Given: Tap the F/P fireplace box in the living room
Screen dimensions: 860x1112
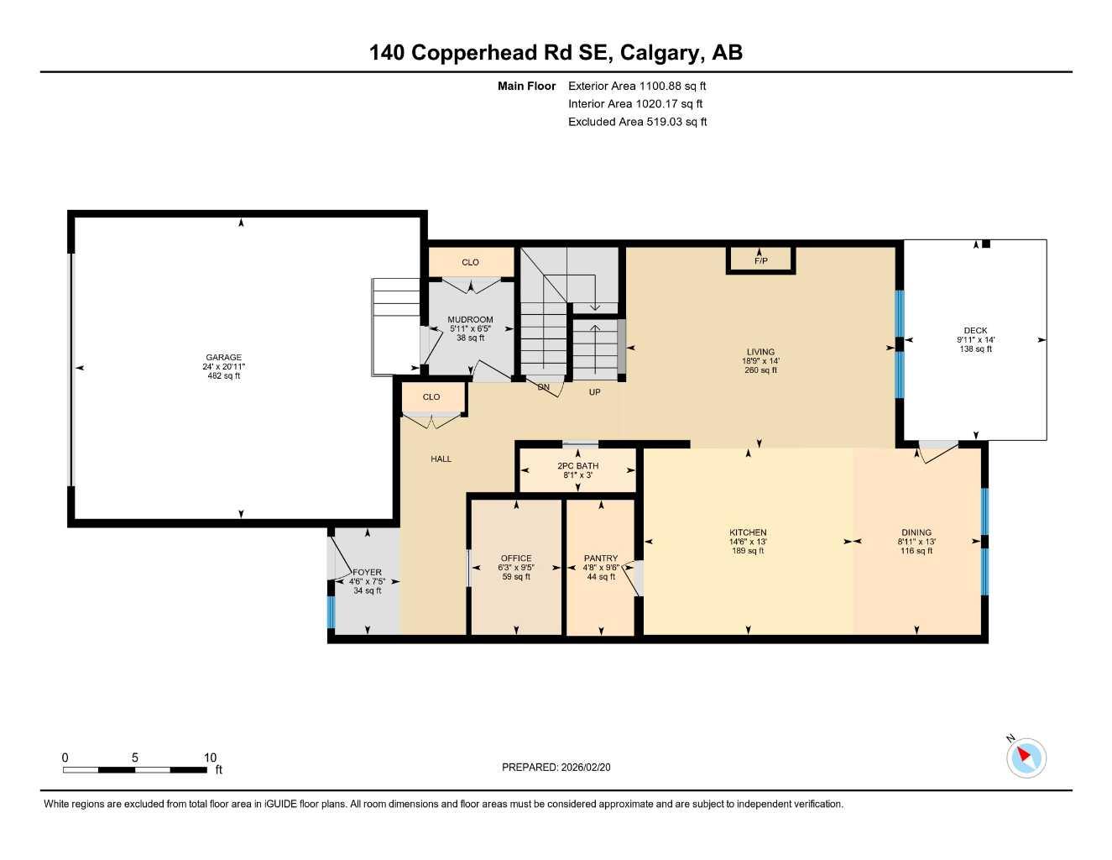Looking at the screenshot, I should (x=760, y=261).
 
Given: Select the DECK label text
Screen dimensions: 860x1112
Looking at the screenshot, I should (x=975, y=331).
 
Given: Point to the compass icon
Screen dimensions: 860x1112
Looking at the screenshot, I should (x=1026, y=758).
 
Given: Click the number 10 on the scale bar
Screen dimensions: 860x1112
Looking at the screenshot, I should (x=210, y=757).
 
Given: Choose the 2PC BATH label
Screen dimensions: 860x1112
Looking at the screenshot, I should (x=577, y=466).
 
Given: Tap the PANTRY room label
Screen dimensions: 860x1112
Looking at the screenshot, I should (x=600, y=558).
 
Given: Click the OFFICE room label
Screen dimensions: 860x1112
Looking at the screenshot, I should (x=515, y=558).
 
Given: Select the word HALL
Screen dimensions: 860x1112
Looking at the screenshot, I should (x=441, y=459).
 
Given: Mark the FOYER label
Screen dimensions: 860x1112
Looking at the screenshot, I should (x=368, y=573).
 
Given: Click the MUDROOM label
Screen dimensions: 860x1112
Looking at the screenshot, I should (x=470, y=320).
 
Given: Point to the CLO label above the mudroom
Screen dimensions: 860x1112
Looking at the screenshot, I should (x=470, y=263).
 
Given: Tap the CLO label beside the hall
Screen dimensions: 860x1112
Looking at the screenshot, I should (x=431, y=397).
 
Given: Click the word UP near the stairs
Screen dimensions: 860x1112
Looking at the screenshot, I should (x=594, y=392).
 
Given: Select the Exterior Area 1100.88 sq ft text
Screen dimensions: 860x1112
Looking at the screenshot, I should (x=637, y=86).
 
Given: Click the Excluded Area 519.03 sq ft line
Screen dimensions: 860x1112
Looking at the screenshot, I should (x=637, y=122).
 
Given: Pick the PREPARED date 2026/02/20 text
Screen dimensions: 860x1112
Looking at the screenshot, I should (x=561, y=767).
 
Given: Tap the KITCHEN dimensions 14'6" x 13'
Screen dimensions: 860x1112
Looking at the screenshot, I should (x=748, y=542).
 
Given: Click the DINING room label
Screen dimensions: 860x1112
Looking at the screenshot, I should (x=916, y=532).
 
